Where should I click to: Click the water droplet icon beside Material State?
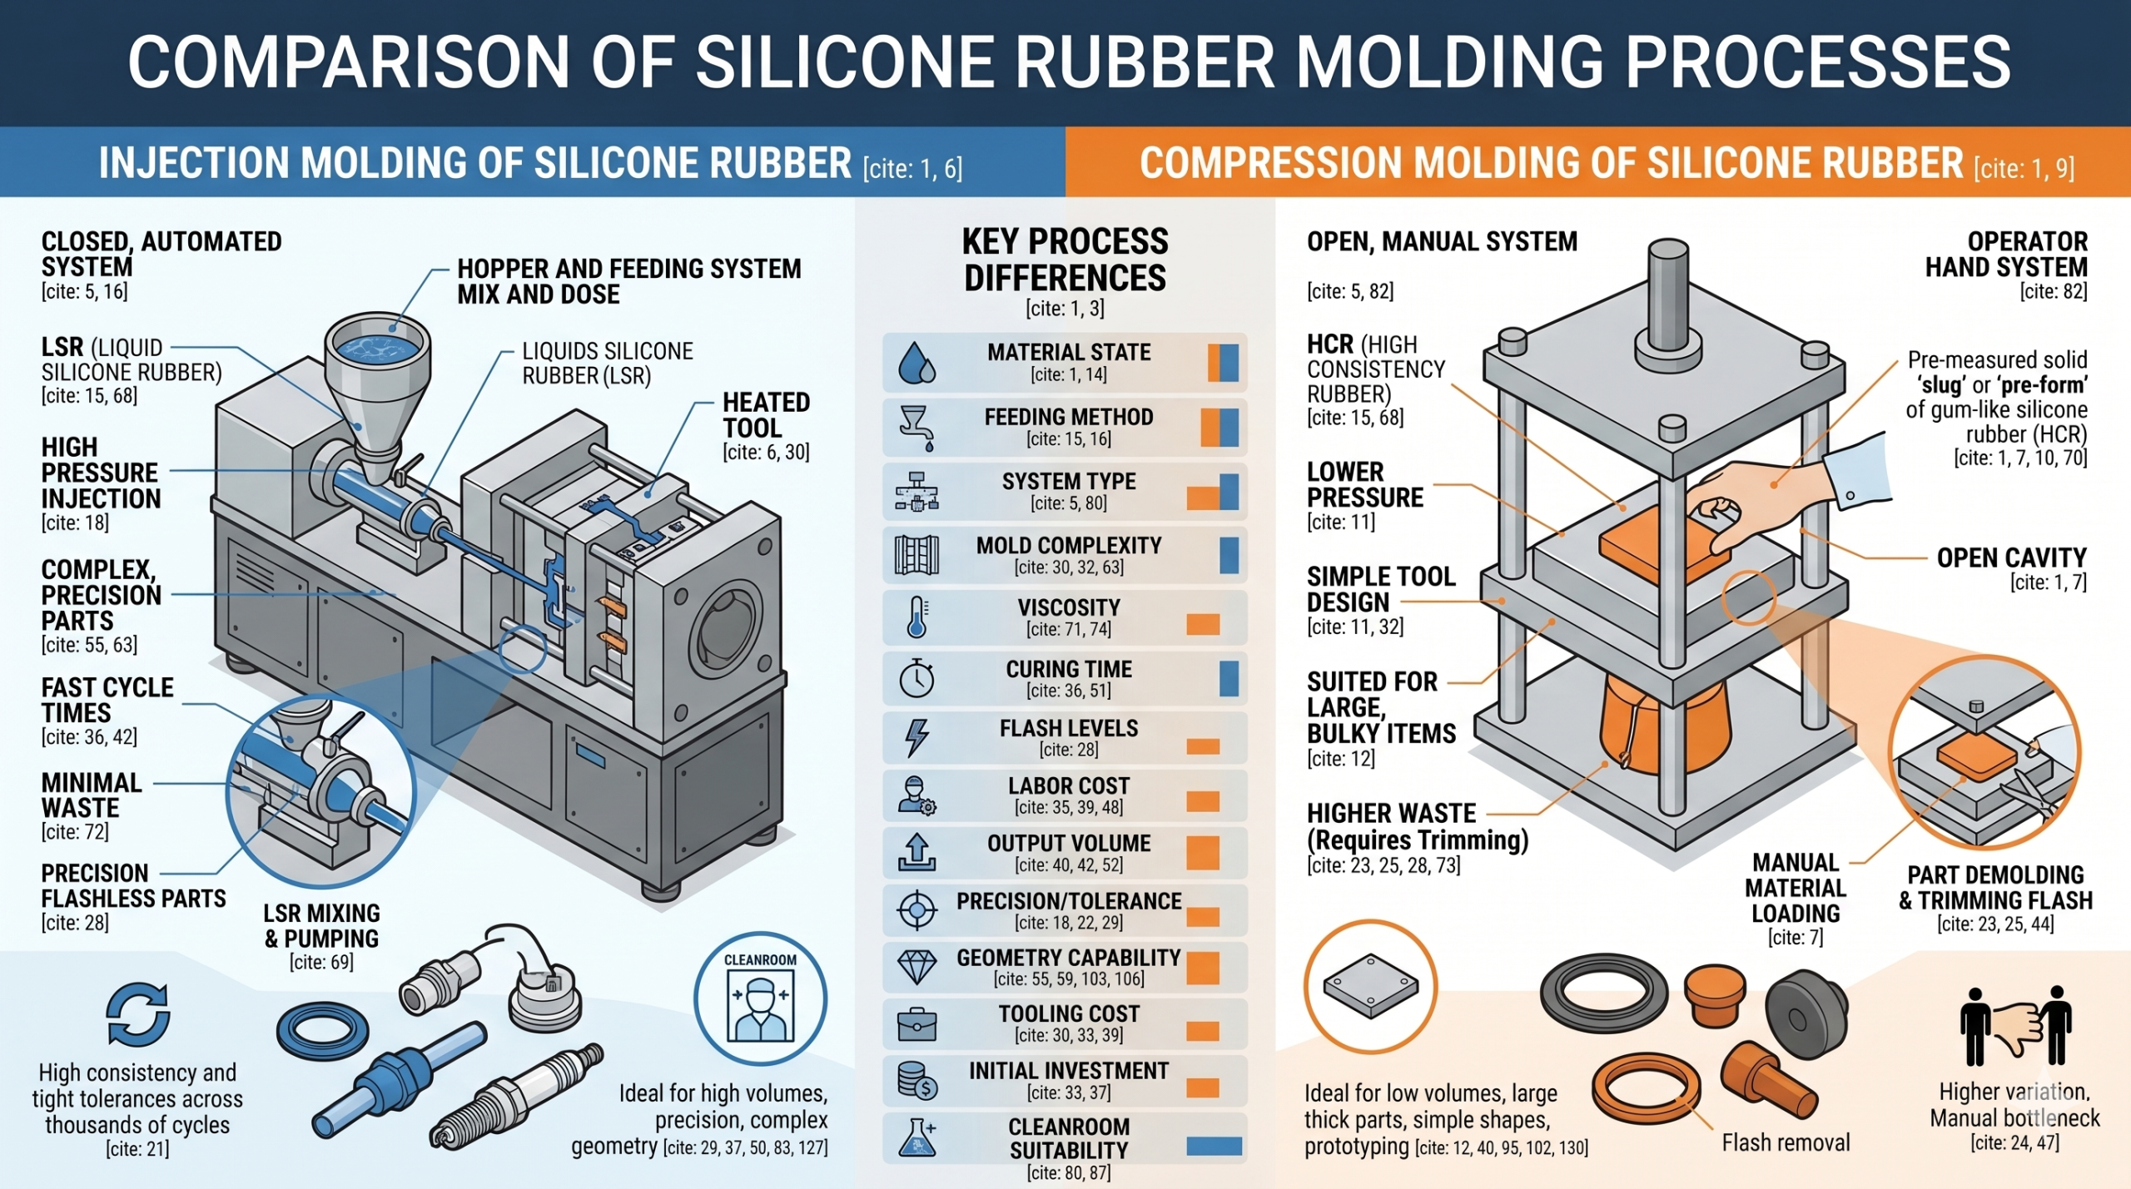coord(916,363)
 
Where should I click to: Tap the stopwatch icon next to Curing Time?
coord(916,678)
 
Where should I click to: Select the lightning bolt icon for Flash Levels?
coord(916,737)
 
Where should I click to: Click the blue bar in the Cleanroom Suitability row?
coord(1214,1146)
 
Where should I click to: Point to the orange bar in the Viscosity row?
coord(1203,624)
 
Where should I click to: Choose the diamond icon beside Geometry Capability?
coord(916,967)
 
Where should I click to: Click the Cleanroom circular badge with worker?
coord(760,999)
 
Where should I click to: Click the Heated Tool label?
coord(765,415)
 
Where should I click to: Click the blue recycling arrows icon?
coord(138,1014)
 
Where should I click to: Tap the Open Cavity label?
coord(2011,557)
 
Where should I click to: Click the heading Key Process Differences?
coord(1065,260)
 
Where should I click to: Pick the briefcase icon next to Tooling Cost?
coord(916,1025)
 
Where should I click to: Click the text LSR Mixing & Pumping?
coord(321,926)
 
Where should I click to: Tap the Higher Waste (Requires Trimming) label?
coord(1417,826)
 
